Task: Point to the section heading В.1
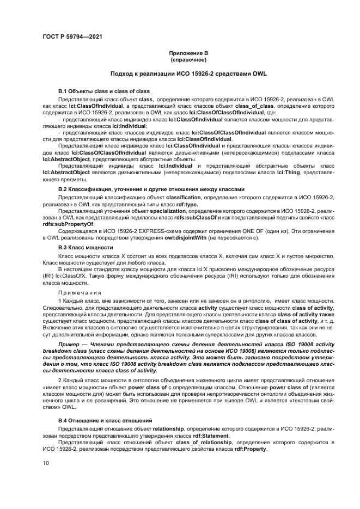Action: pos(103,91)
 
